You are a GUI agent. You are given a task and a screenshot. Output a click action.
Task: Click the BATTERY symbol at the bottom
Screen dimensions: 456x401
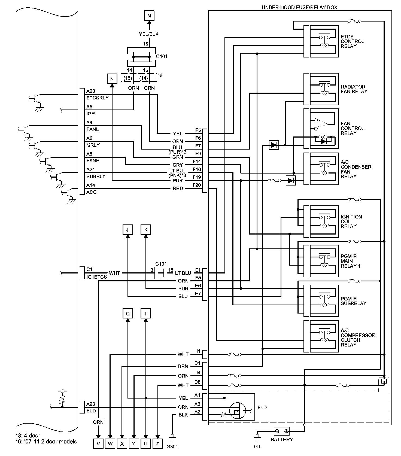pos(281,431)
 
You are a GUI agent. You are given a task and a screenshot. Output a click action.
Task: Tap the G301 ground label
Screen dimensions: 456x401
pos(172,447)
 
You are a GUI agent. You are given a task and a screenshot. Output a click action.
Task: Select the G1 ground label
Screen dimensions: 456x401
pos(257,447)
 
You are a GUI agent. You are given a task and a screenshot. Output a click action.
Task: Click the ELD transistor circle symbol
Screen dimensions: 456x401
pos(238,411)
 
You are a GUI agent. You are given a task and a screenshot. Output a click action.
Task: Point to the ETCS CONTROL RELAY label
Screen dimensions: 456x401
pos(352,41)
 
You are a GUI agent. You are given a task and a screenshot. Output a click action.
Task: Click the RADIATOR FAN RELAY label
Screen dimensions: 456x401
pos(354,89)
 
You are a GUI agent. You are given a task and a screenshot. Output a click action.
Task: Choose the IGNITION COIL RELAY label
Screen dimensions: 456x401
pos(351,221)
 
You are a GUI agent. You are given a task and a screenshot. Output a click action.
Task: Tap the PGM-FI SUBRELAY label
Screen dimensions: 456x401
pos(353,301)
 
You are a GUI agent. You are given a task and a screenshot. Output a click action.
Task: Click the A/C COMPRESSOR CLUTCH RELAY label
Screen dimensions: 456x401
pos(358,338)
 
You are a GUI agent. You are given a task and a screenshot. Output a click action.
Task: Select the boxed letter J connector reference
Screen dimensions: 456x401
pos(127,230)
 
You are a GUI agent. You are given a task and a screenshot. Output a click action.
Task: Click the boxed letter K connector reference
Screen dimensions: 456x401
pos(146,230)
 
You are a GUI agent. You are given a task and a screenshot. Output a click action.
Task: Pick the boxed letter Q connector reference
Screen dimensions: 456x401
pos(127,314)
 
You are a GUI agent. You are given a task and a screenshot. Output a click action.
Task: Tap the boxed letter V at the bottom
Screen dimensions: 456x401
pos(98,443)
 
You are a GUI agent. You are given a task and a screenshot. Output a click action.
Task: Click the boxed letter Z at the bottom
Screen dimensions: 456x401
pos(158,443)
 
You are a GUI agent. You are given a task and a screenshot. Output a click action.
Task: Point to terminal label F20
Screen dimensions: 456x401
pos(196,185)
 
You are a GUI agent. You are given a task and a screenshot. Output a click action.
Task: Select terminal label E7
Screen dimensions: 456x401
pos(198,293)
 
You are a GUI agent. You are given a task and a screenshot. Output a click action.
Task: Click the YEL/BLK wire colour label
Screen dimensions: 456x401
pos(149,34)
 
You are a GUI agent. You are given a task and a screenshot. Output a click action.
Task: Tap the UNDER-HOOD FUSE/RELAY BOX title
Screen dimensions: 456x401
pos(299,7)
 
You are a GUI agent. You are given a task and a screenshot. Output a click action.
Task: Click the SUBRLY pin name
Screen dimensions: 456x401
pos(96,177)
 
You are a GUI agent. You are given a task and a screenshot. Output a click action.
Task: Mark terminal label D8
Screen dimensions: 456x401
pos(198,382)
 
